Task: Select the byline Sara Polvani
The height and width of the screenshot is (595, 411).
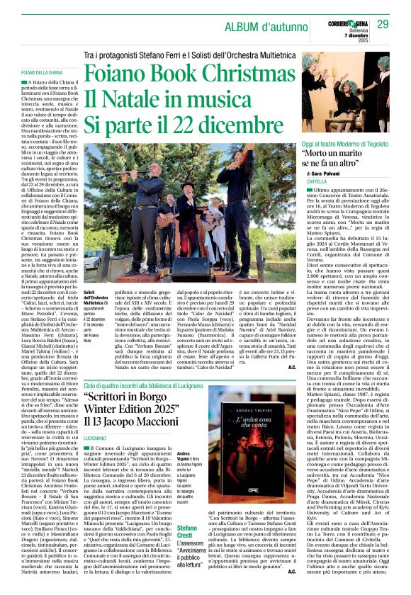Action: tap(330, 172)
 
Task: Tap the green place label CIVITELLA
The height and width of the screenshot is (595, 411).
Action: tap(317, 182)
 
